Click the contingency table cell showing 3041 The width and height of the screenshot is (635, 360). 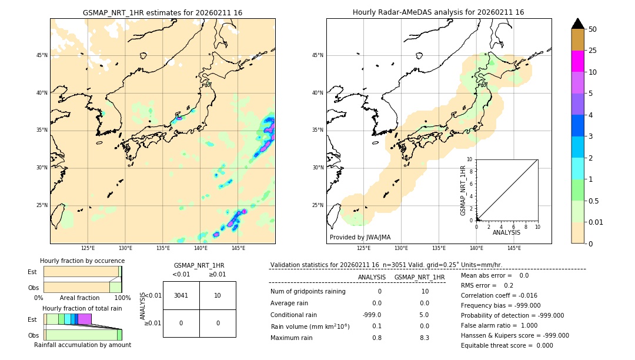point(181,295)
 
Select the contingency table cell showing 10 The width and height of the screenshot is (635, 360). point(218,295)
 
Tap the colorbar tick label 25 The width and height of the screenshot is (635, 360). point(593,51)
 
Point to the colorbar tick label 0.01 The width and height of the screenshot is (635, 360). point(596,222)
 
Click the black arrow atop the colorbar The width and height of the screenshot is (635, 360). point(578,24)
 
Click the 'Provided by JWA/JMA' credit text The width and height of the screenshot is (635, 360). point(360,238)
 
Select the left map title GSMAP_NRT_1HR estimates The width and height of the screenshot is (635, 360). point(162,12)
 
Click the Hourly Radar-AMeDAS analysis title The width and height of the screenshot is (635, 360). point(438,12)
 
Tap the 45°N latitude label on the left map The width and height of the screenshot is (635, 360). point(42,55)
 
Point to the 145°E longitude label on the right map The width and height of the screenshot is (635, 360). point(514,248)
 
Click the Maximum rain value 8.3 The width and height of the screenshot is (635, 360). point(424,338)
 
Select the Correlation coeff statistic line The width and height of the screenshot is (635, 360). point(499,296)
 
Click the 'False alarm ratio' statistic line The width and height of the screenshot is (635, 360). point(499,325)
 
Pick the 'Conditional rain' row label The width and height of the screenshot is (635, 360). point(293,315)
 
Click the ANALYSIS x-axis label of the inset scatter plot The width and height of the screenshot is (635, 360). point(506,233)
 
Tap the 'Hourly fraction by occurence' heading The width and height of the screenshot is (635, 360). point(82,261)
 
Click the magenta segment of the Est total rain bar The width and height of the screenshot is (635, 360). point(85,319)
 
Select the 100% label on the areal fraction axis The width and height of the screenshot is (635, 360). point(122,298)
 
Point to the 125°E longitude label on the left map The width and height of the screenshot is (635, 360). point(88,248)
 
